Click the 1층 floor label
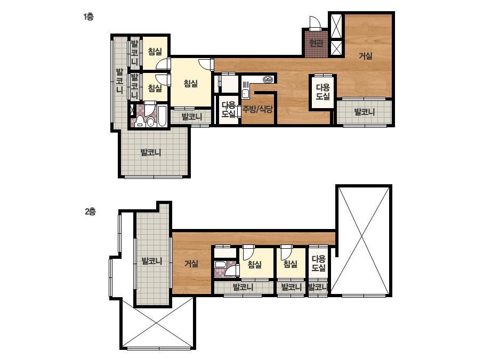click(x=88, y=17)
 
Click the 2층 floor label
click(x=90, y=211)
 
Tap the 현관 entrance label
click(x=316, y=43)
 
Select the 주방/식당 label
click(x=257, y=109)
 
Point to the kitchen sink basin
click(x=245, y=93)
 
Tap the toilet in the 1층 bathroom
click(x=139, y=121)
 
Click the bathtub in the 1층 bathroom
click(x=162, y=116)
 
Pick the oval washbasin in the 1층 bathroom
click(x=151, y=122)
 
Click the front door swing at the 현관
click(x=314, y=22)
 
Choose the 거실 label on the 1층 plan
click(x=366, y=56)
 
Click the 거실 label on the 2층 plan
click(x=191, y=264)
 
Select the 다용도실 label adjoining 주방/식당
click(x=229, y=110)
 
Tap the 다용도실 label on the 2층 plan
click(x=318, y=264)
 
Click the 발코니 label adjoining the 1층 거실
click(x=364, y=112)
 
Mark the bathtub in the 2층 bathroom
click(x=221, y=265)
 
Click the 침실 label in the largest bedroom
click(x=190, y=84)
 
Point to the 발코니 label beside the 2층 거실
click(x=152, y=261)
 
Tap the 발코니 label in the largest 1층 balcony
click(x=151, y=153)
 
